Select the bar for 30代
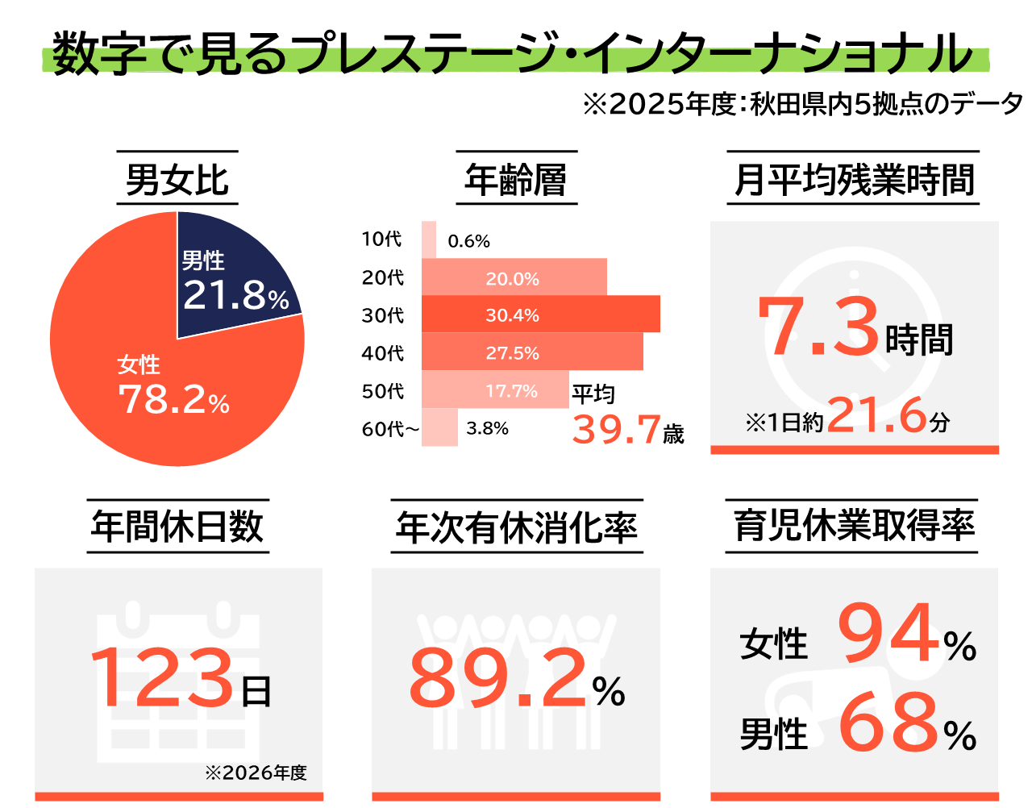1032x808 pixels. (x=540, y=314)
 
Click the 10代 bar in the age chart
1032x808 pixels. (x=429, y=239)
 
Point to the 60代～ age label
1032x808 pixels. (x=390, y=429)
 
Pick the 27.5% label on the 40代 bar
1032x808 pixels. (x=512, y=353)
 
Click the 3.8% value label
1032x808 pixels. (x=487, y=428)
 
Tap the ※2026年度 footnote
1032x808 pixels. (x=256, y=773)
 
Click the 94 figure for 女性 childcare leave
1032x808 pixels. (x=889, y=634)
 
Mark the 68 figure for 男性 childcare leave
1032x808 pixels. (x=889, y=723)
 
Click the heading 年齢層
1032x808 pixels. (x=516, y=179)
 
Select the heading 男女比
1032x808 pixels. (x=177, y=179)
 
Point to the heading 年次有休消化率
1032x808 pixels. (x=517, y=527)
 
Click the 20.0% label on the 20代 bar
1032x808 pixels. (x=512, y=279)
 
